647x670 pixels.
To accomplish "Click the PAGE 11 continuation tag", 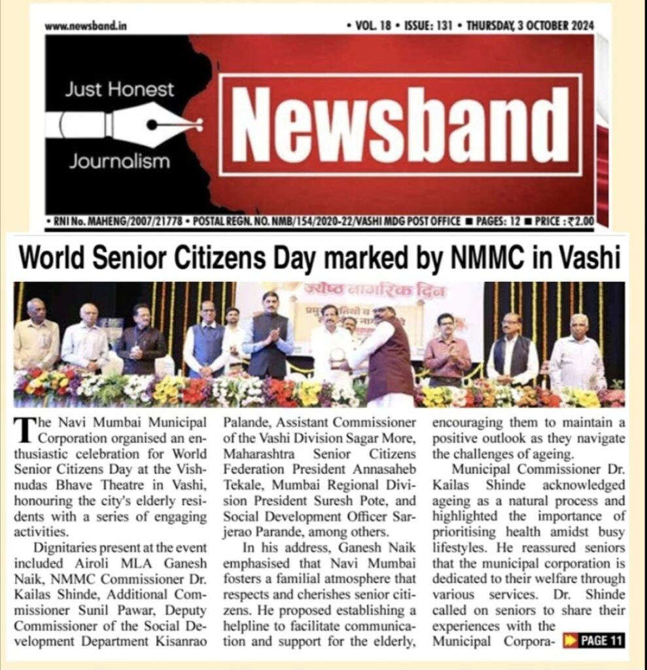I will pyautogui.click(x=601, y=640).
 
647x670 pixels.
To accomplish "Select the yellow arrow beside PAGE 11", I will pyautogui.click(x=570, y=640).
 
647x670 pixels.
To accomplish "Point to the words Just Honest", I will pyautogui.click(x=119, y=90).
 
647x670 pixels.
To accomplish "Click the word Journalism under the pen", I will pyautogui.click(x=119, y=161).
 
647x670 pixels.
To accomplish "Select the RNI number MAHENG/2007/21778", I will pyautogui.click(x=118, y=222).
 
